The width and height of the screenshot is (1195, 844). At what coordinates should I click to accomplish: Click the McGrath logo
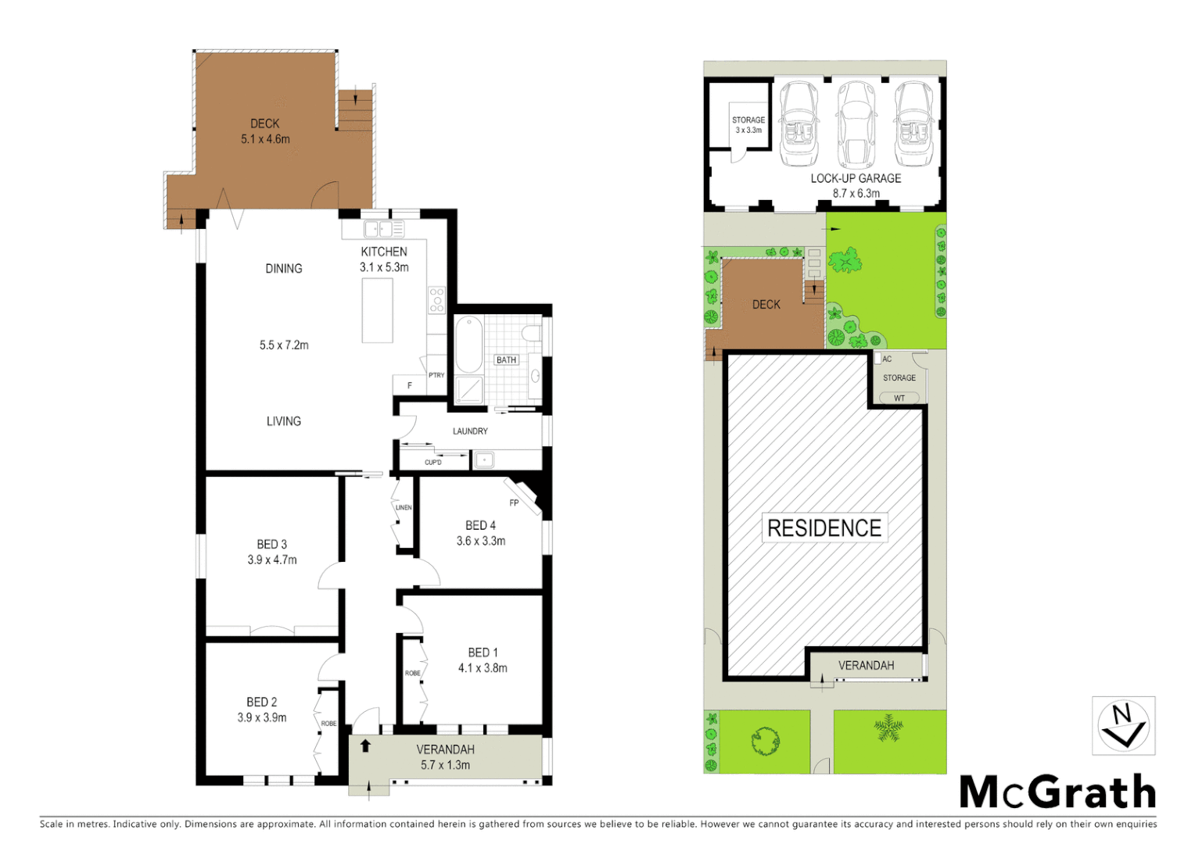click(1057, 792)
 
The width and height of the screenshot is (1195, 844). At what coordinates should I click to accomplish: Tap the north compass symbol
click(1123, 726)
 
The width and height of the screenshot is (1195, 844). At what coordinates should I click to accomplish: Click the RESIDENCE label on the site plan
click(824, 528)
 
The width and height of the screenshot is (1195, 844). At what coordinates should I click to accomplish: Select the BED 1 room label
click(483, 653)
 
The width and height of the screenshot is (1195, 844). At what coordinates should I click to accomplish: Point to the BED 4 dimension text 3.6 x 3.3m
click(481, 541)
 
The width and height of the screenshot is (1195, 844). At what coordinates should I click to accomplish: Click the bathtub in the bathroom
click(469, 345)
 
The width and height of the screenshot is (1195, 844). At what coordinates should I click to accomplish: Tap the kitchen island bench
click(377, 310)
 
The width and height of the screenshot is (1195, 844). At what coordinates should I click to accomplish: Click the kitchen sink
click(384, 229)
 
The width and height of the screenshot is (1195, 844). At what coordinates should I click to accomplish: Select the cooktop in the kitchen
click(436, 300)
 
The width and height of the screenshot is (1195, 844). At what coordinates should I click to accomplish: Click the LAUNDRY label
click(470, 431)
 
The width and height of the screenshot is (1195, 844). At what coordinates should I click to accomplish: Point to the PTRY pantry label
click(436, 375)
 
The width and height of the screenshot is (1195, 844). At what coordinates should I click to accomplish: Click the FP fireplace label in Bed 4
click(514, 502)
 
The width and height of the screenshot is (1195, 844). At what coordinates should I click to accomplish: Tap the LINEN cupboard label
click(404, 508)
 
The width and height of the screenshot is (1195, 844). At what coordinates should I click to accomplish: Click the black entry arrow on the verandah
click(364, 746)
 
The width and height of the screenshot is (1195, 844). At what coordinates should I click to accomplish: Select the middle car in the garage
click(856, 125)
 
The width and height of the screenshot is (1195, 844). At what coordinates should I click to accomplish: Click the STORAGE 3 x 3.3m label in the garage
click(748, 125)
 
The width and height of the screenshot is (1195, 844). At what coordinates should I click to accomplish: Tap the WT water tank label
click(899, 399)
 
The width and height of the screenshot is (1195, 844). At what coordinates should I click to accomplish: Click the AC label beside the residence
click(887, 359)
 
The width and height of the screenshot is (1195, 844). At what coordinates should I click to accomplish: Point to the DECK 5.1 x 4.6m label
click(265, 131)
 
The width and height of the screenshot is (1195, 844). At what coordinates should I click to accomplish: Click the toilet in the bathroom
click(532, 334)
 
